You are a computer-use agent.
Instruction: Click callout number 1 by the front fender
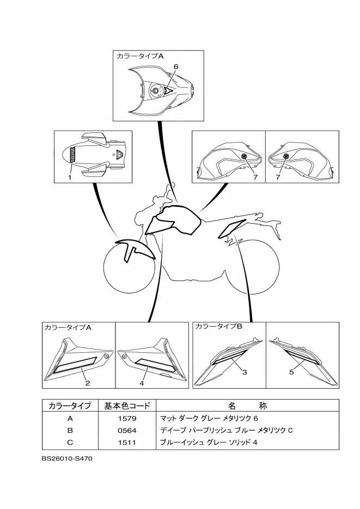[x=70, y=177]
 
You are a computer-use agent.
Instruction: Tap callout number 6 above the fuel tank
[x=176, y=66]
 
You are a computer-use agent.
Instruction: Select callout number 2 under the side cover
[x=88, y=383]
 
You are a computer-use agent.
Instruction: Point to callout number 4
[x=142, y=383]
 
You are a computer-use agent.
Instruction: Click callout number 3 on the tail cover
[x=245, y=372]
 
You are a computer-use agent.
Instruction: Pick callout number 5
[x=291, y=372]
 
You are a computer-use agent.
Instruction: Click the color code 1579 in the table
[x=127, y=419]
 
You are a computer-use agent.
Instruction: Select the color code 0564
[x=127, y=431]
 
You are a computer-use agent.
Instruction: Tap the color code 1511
[x=127, y=443]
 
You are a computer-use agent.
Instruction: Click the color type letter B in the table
[x=70, y=431]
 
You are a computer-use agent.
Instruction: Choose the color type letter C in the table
[x=70, y=443]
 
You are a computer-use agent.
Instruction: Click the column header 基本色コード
[x=127, y=406]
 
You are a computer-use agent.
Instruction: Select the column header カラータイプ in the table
[x=70, y=406]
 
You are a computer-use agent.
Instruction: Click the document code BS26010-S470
[x=67, y=459]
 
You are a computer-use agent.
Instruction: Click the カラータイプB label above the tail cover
[x=218, y=326]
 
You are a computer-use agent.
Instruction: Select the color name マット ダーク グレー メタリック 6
[x=209, y=419]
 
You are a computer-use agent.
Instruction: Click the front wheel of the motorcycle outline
[x=129, y=266]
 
